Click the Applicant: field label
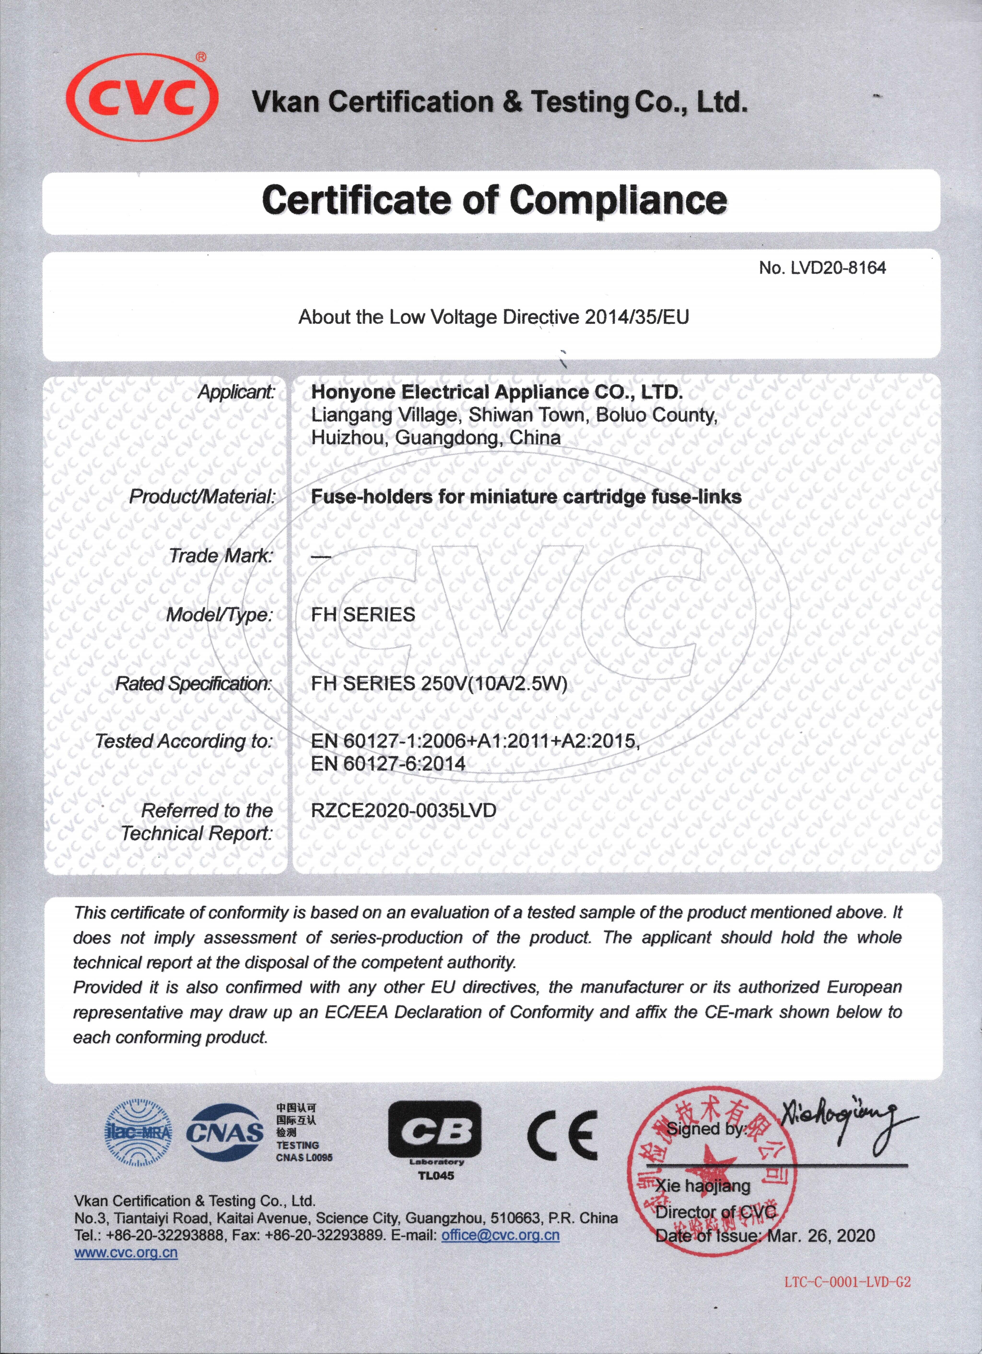[236, 392]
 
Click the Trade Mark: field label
[221, 556]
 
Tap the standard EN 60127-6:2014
[388, 764]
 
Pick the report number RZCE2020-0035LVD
[403, 810]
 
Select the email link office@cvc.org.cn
[500, 1235]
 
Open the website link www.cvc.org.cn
[126, 1253]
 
